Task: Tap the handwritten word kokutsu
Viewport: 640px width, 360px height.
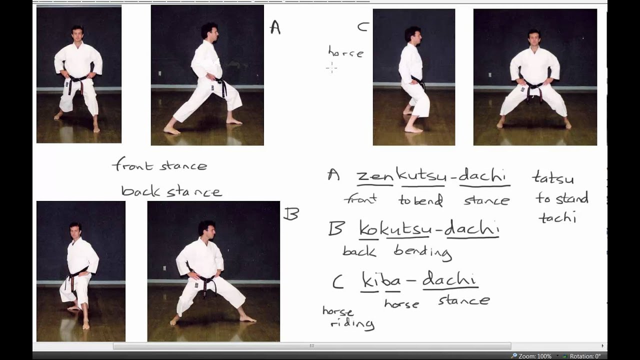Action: point(395,228)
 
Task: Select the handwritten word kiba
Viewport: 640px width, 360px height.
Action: point(381,280)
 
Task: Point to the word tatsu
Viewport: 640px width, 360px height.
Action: point(553,177)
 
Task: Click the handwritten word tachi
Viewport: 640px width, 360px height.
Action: point(557,218)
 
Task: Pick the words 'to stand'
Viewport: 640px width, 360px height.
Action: point(561,198)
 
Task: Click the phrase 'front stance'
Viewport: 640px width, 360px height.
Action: point(159,164)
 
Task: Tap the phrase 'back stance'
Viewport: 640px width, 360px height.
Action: point(171,191)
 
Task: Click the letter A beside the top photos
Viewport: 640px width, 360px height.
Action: point(275,27)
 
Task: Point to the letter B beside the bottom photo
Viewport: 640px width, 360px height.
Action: point(291,213)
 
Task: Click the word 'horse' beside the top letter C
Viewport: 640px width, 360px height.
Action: point(346,52)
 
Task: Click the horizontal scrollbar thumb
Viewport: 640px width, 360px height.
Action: point(312,346)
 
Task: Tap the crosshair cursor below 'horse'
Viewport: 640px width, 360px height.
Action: point(331,68)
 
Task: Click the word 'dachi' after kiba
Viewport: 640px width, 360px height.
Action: point(450,279)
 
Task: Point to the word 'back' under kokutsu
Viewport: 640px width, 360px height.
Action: point(359,251)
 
